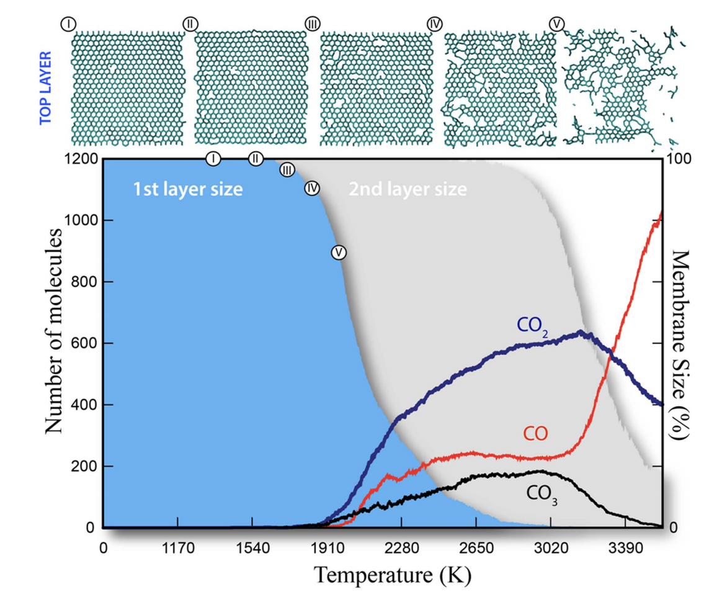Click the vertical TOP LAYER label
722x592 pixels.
pyautogui.click(x=45, y=89)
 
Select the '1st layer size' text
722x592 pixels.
pyautogui.click(x=187, y=189)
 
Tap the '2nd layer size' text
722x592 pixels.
pyautogui.click(x=408, y=189)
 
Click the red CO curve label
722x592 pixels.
pyautogui.click(x=535, y=434)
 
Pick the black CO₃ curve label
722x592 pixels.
pyautogui.click(x=541, y=494)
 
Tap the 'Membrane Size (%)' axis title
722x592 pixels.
pyautogui.click(x=681, y=346)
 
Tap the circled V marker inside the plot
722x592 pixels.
pyautogui.click(x=338, y=253)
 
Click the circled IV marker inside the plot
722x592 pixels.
pyautogui.click(x=312, y=188)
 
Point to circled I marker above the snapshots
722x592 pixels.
pyautogui.click(x=68, y=24)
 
